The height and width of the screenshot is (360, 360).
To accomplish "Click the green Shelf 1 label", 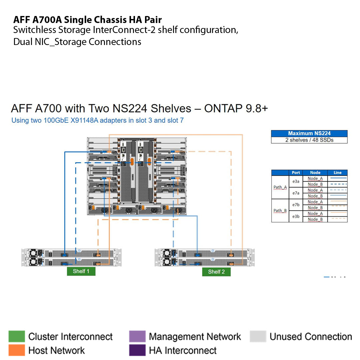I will [x=81, y=271].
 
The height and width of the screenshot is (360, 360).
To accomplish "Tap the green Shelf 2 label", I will [x=216, y=272].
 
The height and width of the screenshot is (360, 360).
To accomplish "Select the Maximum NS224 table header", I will [x=309, y=133].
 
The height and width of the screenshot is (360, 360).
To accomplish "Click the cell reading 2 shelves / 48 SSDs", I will [x=309, y=140].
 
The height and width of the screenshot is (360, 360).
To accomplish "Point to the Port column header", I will [x=296, y=173].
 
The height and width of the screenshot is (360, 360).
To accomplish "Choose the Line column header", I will [x=337, y=173].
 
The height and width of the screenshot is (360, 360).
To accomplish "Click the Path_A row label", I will [x=280, y=187].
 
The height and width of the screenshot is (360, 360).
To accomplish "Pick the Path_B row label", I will [x=280, y=211].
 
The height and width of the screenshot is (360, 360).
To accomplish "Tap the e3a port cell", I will [x=296, y=182].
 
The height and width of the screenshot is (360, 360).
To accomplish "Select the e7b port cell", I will [x=296, y=205].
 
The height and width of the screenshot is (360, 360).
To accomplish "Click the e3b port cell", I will [x=296, y=216].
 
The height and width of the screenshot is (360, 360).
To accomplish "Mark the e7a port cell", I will [x=296, y=193].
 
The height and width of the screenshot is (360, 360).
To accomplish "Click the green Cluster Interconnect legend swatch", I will [x=17, y=336].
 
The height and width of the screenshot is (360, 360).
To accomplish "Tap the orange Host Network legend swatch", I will [x=17, y=350].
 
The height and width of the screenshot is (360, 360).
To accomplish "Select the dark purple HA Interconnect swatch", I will [x=137, y=350].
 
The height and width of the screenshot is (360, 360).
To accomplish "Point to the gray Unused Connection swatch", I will [x=258, y=336].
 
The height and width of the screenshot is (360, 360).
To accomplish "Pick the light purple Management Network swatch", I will [x=137, y=336].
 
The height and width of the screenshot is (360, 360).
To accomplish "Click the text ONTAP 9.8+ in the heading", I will [x=236, y=109].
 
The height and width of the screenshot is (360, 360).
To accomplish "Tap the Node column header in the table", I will [x=315, y=173].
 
